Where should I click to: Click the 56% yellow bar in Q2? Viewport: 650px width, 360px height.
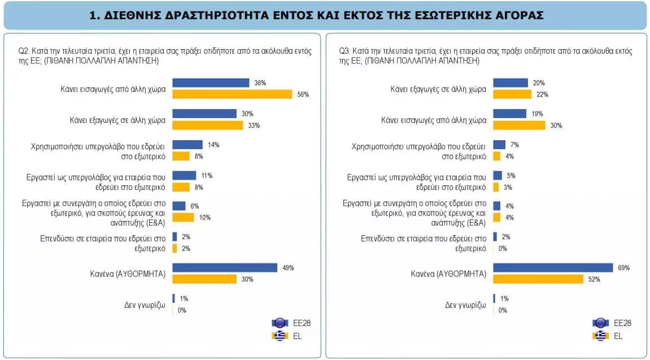click(x=232, y=94)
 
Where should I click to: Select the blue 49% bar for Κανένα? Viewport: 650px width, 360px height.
click(x=224, y=268)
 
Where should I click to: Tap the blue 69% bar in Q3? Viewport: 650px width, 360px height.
click(x=553, y=268)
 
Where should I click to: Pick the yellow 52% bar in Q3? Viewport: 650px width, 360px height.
click(x=538, y=279)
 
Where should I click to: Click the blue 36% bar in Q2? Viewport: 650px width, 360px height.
click(x=210, y=83)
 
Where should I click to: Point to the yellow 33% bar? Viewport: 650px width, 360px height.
click(x=207, y=125)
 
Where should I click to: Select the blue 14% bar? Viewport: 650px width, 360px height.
click(x=187, y=145)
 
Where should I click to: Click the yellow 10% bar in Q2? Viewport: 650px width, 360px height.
click(x=182, y=217)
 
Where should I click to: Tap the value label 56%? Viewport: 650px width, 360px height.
click(x=303, y=94)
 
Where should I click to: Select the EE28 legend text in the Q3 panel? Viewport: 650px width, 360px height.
click(x=622, y=323)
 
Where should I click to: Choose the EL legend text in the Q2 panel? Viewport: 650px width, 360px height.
click(x=296, y=336)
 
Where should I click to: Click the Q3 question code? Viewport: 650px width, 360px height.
click(x=344, y=50)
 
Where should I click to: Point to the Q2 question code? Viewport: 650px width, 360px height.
click(x=24, y=50)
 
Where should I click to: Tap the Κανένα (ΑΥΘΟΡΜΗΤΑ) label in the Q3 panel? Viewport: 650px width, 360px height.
click(x=449, y=274)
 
